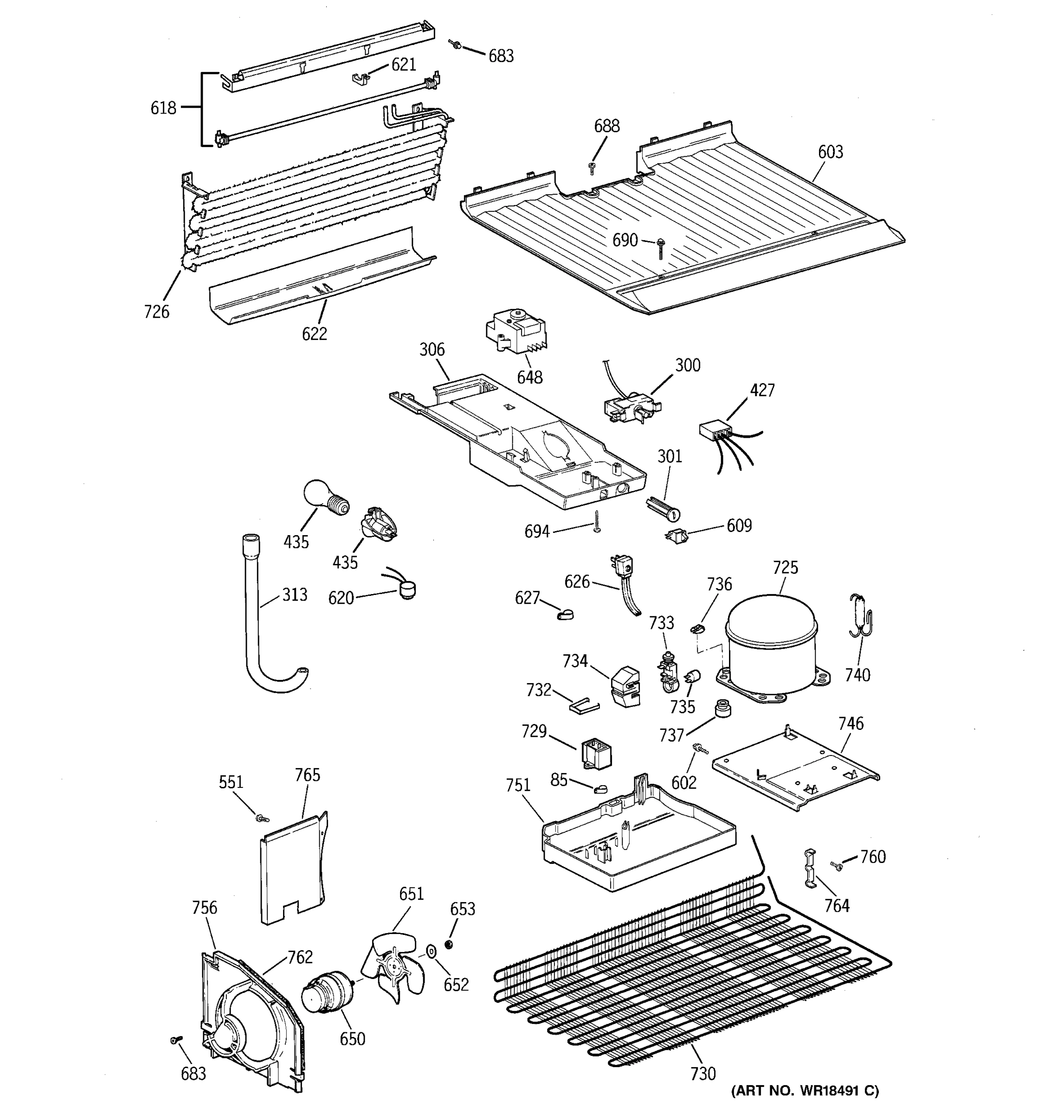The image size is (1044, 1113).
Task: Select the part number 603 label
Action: [830, 152]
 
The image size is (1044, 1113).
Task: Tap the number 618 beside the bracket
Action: [163, 108]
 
